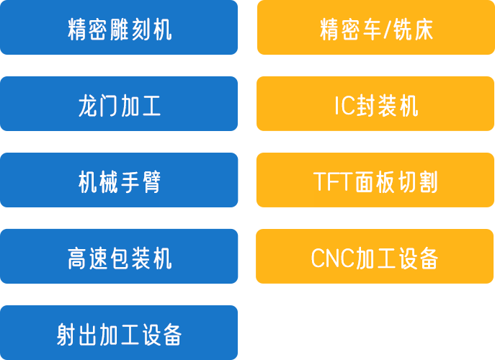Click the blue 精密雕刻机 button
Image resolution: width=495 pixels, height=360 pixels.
(119, 30)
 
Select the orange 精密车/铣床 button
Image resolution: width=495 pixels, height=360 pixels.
(375, 30)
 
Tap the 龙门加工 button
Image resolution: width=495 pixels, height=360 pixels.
(119, 106)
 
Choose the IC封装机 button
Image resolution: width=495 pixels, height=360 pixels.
(375, 106)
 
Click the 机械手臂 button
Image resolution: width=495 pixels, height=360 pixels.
(119, 181)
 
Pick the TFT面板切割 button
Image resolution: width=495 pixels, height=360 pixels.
(375, 181)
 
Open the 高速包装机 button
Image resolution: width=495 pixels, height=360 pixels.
(119, 257)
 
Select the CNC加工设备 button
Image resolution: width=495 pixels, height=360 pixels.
(375, 257)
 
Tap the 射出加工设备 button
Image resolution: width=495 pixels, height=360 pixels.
(119, 333)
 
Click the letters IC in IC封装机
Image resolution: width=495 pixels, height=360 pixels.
(344, 107)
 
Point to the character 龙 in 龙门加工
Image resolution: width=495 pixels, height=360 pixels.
(87, 107)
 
